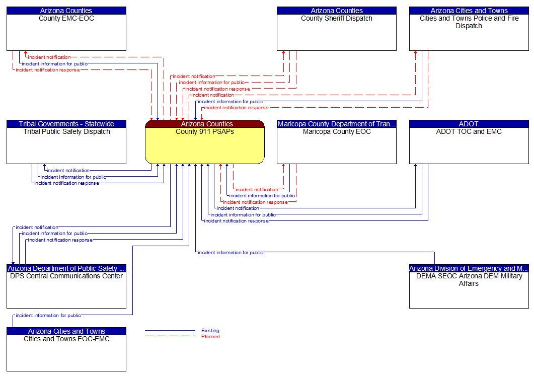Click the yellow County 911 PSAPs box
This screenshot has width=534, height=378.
pyautogui.click(x=205, y=146)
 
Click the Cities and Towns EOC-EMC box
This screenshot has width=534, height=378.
pyautogui.click(x=66, y=353)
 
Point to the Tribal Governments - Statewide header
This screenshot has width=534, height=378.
pyautogui.click(x=66, y=124)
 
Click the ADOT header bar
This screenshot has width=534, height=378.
pyautogui.click(x=469, y=124)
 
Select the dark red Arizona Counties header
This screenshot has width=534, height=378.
pyautogui.click(x=205, y=124)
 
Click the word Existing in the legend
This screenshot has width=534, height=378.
pyautogui.click(x=210, y=331)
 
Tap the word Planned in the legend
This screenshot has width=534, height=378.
pyautogui.click(x=210, y=337)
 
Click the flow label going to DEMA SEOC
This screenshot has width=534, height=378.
pyautogui.click(x=230, y=253)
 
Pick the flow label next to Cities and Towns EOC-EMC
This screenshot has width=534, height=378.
pyautogui.click(x=48, y=316)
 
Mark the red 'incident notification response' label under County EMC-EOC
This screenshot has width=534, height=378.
pyautogui.click(x=47, y=70)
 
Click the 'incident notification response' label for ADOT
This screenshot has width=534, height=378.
pyautogui.click(x=236, y=221)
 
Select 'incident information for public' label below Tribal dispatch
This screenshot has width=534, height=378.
pyautogui.click(x=73, y=177)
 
